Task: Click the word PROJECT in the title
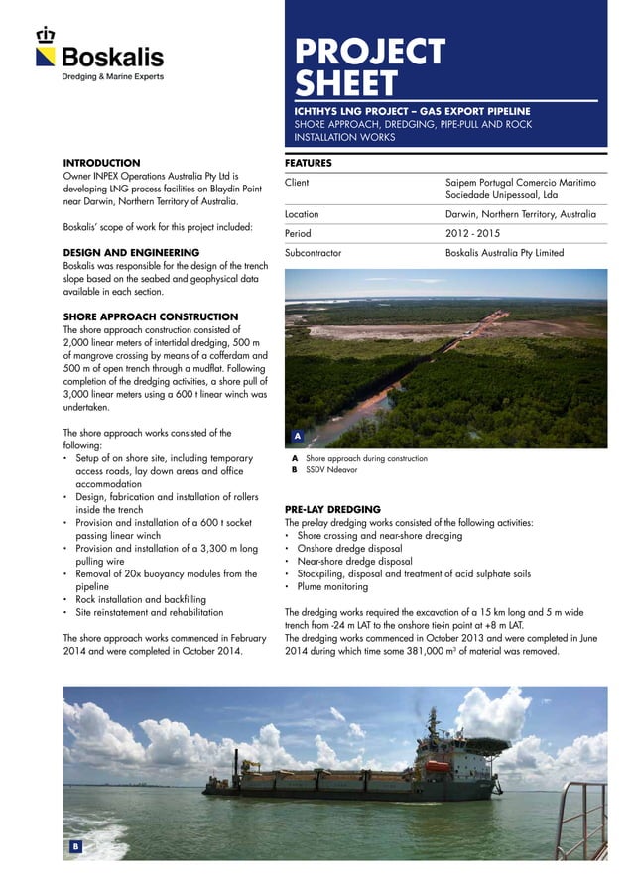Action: point(369,52)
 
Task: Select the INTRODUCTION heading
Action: point(101,162)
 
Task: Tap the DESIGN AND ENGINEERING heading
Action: point(131,253)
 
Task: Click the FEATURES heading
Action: point(308,162)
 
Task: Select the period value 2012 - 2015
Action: point(474,233)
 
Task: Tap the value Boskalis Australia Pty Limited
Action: point(505,253)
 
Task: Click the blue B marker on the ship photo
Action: point(74,846)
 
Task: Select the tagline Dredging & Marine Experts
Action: point(113,76)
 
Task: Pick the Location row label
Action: point(302,214)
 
